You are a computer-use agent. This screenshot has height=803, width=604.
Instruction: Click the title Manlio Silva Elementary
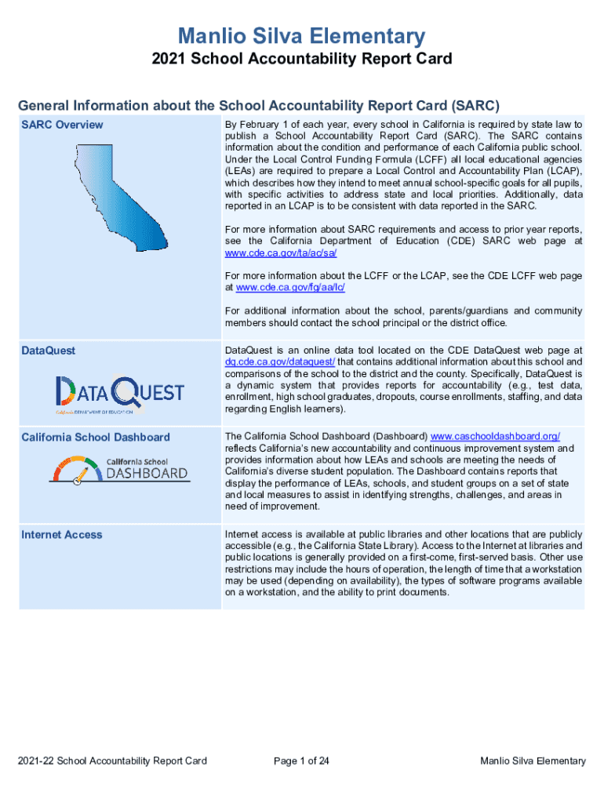pyautogui.click(x=301, y=35)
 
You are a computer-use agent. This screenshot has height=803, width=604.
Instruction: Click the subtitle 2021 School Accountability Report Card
pyautogui.click(x=301, y=60)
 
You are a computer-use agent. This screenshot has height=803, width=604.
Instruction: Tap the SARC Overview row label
pyautogui.click(x=62, y=125)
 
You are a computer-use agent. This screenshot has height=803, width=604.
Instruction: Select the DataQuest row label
pyautogui.click(x=49, y=351)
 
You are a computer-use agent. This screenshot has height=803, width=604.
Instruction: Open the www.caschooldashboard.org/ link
pyautogui.click(x=496, y=436)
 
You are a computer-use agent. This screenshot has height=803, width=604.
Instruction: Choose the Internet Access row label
pyautogui.click(x=62, y=534)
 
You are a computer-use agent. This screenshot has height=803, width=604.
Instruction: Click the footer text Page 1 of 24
pyautogui.click(x=301, y=761)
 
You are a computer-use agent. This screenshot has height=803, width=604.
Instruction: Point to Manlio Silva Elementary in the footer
pyautogui.click(x=533, y=761)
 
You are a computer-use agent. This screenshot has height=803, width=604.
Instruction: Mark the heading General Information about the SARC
pyautogui.click(x=259, y=106)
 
